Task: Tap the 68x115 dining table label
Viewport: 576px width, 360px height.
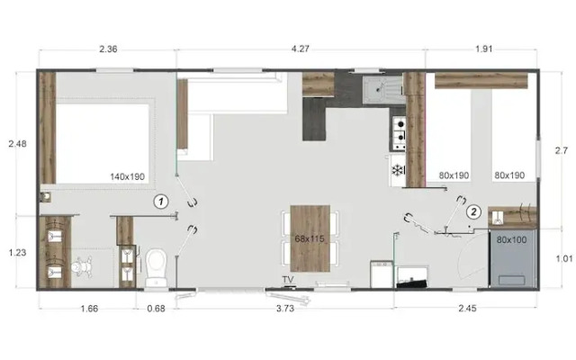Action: click(309, 238)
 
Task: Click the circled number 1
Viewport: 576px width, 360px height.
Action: click(161, 202)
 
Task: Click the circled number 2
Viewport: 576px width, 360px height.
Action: click(473, 212)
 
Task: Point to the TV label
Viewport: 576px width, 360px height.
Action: click(288, 279)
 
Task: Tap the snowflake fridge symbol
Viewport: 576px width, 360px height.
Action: click(396, 169)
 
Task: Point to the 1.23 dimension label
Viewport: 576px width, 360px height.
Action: click(17, 253)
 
